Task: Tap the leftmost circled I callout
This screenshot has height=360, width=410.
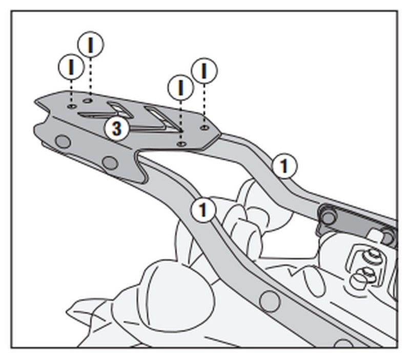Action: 71,67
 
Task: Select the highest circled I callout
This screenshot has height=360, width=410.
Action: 91,45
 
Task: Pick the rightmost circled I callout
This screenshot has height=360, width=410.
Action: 204,71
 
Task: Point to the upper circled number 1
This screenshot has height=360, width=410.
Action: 284,165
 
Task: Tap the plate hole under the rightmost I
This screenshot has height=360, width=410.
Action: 204,125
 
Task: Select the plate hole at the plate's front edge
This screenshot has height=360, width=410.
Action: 180,145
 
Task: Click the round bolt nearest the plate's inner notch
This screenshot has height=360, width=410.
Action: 109,163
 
